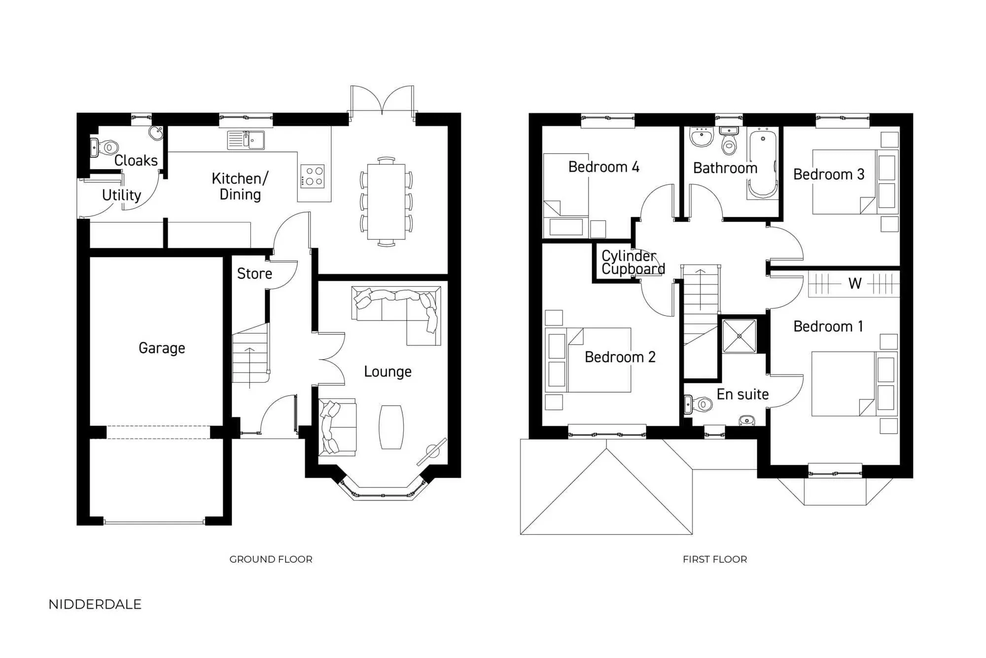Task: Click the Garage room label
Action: [162, 348]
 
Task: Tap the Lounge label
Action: [387, 371]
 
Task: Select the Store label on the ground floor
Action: [254, 274]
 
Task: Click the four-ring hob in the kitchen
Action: [313, 176]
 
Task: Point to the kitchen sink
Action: [246, 140]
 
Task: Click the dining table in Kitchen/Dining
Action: [386, 202]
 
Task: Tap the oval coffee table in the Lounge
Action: [391, 427]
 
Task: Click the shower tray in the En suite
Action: [739, 336]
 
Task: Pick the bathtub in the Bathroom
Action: [763, 163]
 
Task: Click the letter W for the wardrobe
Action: [854, 284]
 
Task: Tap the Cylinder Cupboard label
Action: [633, 262]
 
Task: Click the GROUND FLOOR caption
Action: [271, 559]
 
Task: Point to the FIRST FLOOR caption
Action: [714, 559]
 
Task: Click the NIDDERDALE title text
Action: [95, 604]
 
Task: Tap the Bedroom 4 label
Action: [603, 167]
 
